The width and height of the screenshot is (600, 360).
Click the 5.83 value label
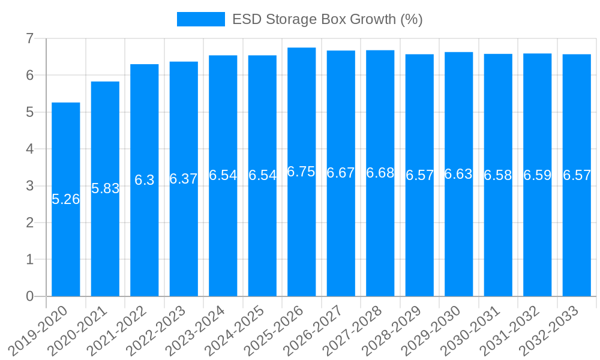106,188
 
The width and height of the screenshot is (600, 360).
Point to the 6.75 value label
301,172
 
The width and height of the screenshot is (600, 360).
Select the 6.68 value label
380,173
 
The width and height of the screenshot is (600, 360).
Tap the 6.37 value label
184,179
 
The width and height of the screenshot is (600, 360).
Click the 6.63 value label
458,174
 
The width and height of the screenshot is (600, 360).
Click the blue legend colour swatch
200,19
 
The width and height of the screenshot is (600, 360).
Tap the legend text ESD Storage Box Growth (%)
328,19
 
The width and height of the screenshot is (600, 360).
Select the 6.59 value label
538,175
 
